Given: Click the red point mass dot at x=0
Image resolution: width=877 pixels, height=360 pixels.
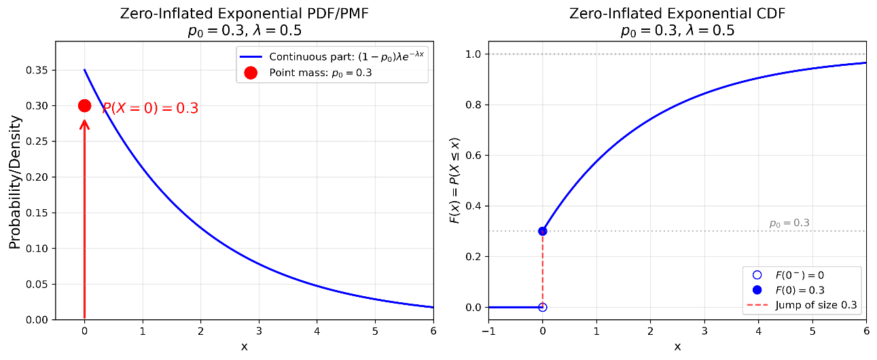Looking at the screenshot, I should click(84, 105).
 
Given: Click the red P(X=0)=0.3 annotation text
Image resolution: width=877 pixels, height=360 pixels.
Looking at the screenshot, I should click(150, 108).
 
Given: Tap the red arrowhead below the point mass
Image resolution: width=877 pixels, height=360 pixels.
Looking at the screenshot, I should click(84, 124).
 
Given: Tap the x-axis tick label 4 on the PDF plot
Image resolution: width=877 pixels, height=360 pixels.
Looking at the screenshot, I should click(317, 331).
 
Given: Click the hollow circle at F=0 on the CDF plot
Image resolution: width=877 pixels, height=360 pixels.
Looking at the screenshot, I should click(542, 307).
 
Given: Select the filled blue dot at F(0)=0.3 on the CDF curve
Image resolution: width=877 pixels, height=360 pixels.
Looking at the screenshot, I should click(542, 231).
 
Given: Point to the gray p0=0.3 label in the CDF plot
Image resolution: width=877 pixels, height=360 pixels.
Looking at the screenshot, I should click(789, 223).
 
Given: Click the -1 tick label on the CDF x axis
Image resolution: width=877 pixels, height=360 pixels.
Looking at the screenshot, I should click(488, 331).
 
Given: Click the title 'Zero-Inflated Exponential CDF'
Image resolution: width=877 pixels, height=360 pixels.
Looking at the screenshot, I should click(677, 13).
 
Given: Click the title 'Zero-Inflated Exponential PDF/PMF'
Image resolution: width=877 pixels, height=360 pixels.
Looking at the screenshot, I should click(243, 13).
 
